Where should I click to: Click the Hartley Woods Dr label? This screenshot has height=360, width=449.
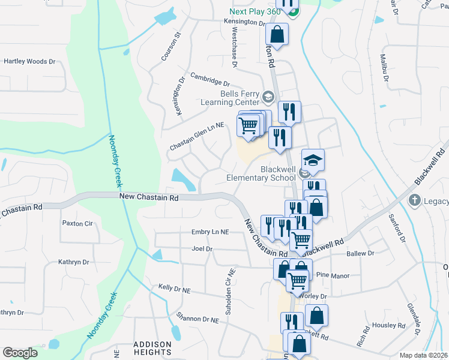(29, 61)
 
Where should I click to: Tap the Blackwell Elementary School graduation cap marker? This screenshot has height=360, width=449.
(313, 160)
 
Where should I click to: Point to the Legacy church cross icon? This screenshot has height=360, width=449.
(414, 200)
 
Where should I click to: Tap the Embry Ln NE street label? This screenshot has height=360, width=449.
(209, 232)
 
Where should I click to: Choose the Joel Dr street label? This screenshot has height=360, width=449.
(202, 248)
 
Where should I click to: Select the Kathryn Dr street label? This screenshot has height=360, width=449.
(73, 262)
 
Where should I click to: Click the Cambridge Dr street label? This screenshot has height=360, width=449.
(211, 79)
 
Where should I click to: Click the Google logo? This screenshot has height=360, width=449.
(20, 353)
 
